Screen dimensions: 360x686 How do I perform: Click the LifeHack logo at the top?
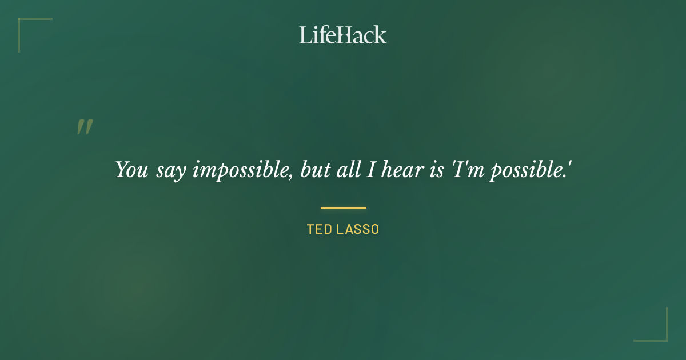(x=343, y=35)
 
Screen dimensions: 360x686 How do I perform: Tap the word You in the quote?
(x=132, y=170)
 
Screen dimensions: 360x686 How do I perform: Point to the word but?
(x=314, y=170)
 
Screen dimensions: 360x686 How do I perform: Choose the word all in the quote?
(x=345, y=170)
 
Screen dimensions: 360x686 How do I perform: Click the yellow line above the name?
(x=343, y=207)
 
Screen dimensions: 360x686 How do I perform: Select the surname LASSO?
(x=358, y=230)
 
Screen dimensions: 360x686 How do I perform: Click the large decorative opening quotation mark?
(x=85, y=127)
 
